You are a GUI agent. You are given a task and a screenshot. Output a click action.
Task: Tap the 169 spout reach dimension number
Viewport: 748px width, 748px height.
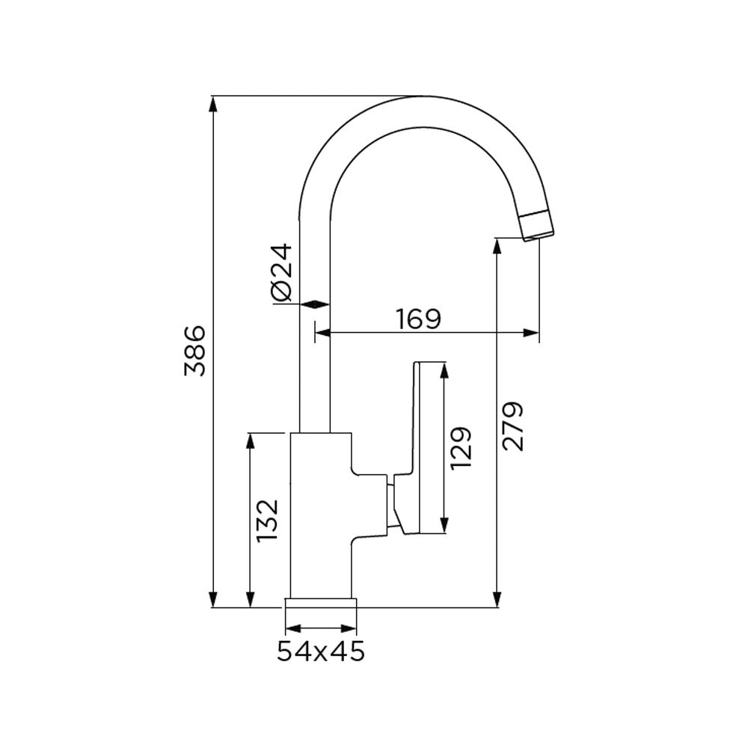click(x=418, y=319)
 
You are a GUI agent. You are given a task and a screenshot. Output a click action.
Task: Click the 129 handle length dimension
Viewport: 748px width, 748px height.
click(x=462, y=447)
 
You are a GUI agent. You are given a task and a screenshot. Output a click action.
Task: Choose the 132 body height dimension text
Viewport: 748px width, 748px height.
click(x=267, y=521)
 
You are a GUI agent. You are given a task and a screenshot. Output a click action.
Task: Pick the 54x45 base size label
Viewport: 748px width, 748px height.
click(x=321, y=652)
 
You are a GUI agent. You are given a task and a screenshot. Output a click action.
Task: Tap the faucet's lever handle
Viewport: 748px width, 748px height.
click(x=420, y=449)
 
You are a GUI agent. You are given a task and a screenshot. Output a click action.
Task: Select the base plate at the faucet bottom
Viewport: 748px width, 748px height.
click(x=321, y=603)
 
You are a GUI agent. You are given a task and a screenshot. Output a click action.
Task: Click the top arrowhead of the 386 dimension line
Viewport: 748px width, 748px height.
click(x=214, y=105)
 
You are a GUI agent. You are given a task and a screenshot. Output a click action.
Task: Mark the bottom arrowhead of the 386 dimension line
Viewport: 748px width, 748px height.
click(x=214, y=599)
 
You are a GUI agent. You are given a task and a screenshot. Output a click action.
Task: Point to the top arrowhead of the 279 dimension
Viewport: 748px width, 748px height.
click(x=496, y=246)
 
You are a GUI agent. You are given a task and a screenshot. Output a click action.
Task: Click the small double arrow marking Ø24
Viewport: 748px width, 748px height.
click(x=314, y=304)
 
